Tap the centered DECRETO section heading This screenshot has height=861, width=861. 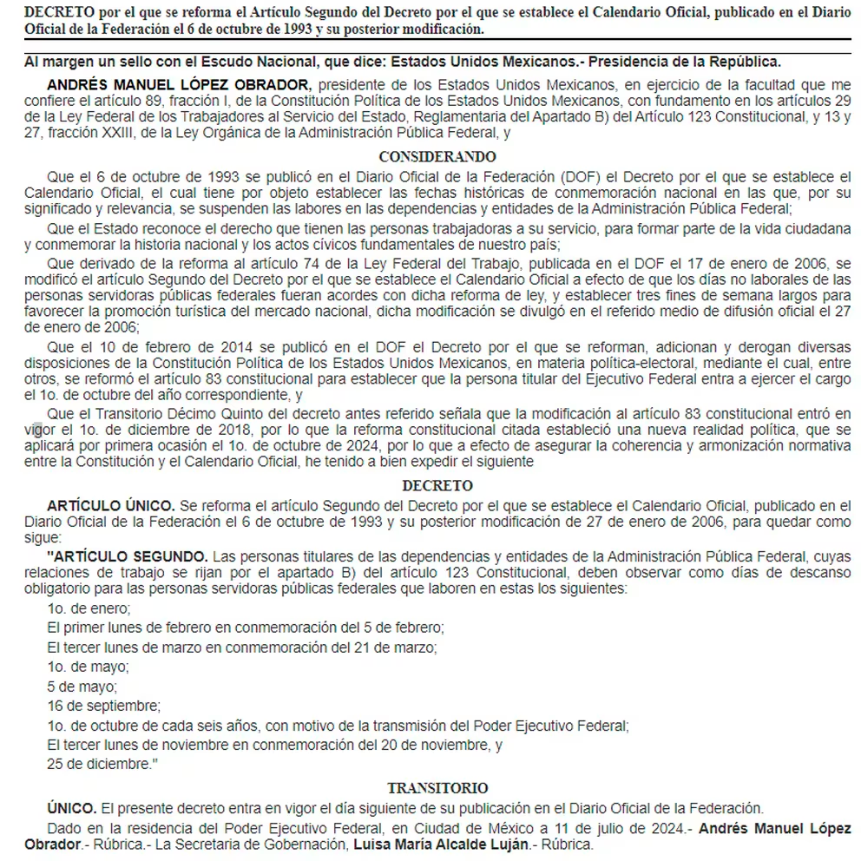[437, 486]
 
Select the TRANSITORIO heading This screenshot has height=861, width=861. [437, 788]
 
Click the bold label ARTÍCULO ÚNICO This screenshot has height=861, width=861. [111, 505]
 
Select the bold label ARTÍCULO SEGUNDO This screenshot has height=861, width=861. [127, 555]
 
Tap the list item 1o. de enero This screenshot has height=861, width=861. [89, 608]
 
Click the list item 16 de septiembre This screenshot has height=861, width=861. [104, 706]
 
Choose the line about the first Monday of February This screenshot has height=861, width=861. [246, 627]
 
